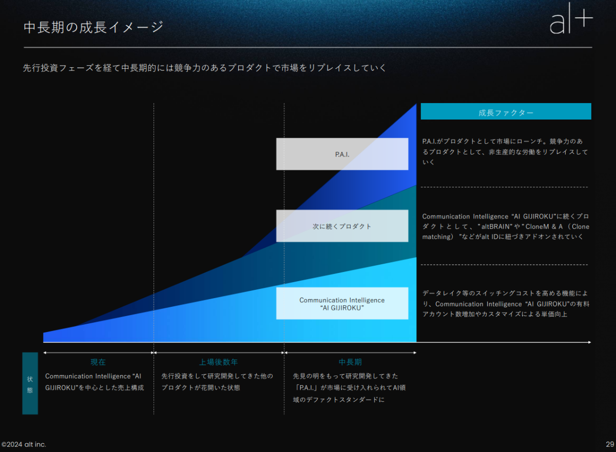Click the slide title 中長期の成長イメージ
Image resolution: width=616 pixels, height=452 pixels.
(93, 28)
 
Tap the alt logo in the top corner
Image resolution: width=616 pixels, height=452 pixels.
(571, 18)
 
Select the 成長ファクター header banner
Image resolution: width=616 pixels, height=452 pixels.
(506, 111)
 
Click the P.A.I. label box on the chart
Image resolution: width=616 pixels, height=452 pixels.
(342, 154)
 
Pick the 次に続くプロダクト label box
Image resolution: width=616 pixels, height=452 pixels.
(342, 226)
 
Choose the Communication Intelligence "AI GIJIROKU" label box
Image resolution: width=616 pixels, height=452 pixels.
(342, 303)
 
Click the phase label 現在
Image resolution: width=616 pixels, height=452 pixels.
(98, 362)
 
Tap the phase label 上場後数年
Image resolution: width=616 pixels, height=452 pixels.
(218, 362)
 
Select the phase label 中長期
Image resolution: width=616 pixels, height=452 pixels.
(350, 362)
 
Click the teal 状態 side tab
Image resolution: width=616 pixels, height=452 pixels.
(30, 383)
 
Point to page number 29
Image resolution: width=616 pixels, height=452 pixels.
(610, 444)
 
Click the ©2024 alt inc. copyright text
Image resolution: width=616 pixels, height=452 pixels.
(24, 444)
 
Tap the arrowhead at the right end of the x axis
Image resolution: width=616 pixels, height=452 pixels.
(590, 342)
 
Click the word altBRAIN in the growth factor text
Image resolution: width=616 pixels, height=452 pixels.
(497, 227)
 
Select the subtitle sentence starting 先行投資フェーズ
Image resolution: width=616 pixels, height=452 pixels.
(204, 68)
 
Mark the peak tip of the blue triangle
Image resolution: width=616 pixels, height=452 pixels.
(416, 104)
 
